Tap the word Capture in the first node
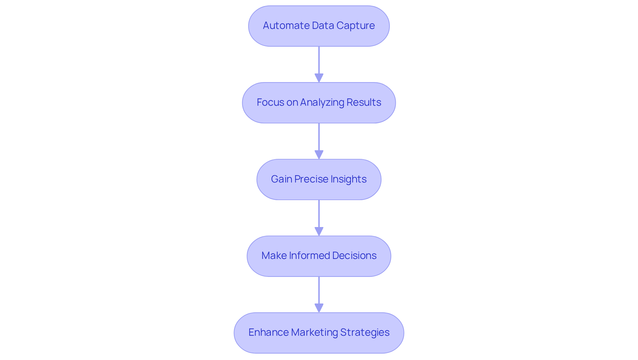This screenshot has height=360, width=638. [x=356, y=26]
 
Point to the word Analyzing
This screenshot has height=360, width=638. [x=322, y=102]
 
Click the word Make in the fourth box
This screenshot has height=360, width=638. [x=274, y=256]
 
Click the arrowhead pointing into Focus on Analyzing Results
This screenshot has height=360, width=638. [x=319, y=78]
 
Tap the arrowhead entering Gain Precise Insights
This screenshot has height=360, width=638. [x=319, y=155]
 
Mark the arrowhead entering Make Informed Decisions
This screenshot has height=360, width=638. [x=319, y=232]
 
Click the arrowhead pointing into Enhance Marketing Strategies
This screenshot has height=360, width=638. [x=319, y=308]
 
